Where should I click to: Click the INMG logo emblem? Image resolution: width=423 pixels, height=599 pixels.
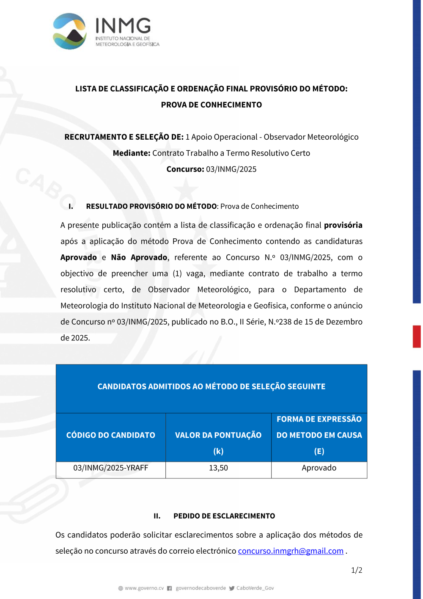coord(70,31)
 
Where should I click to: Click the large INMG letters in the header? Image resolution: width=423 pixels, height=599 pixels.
coord(123,26)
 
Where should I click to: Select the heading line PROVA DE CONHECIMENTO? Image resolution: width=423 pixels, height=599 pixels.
coord(211,105)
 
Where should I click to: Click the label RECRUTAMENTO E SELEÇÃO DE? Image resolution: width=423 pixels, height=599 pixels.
coord(124,137)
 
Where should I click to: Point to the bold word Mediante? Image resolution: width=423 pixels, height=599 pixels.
coord(132,153)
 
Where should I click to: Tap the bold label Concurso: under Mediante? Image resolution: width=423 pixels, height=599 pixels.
coord(185,169)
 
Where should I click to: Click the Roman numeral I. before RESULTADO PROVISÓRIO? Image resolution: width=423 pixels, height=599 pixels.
coord(71,207)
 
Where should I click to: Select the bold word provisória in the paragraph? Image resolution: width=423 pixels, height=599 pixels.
coord(343,225)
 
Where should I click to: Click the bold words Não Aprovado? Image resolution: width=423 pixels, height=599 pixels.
coord(139,257)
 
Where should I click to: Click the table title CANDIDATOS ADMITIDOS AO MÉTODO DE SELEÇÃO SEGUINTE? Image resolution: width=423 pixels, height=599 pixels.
coord(211,386)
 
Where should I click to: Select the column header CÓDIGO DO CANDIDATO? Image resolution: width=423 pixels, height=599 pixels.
coord(110,435)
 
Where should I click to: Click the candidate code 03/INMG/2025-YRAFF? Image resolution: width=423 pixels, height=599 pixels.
coord(110,468)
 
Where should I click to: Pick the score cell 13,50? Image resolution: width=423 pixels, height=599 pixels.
coord(218,468)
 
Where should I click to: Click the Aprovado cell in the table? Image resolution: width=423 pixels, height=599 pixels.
coord(319,468)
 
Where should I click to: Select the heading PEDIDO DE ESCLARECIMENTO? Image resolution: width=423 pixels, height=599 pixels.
coord(224,516)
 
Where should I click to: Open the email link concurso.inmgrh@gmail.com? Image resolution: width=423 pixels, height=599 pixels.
coord(291,551)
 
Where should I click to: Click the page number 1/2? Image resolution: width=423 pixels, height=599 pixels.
coord(357,570)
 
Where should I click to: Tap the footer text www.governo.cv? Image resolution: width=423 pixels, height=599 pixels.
coord(144,588)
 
